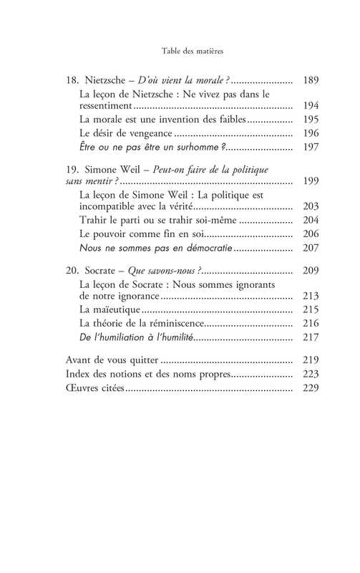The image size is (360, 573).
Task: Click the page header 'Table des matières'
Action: pyautogui.click(x=180, y=51)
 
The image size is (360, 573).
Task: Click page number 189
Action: pyautogui.click(x=311, y=80)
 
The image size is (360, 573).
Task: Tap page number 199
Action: pyautogui.click(x=311, y=180)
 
